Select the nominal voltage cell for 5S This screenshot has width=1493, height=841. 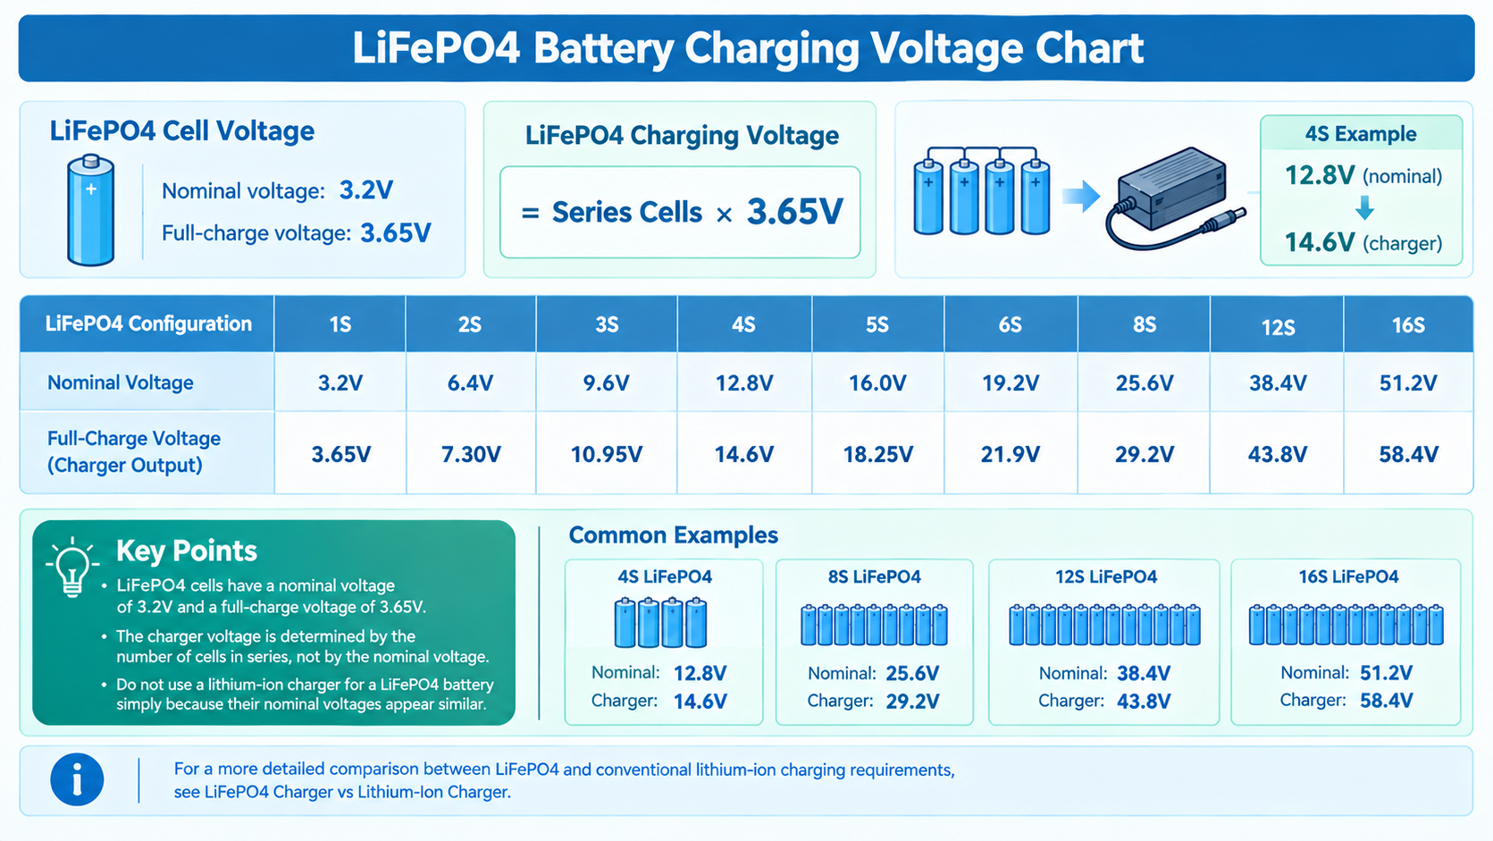pyautogui.click(x=877, y=383)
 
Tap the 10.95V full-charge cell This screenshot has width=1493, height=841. pyautogui.click(x=606, y=454)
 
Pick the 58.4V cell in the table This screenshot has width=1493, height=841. pyautogui.click(x=1408, y=454)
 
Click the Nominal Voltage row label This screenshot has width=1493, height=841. pyautogui.click(x=120, y=383)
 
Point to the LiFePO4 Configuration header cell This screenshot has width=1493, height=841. pyautogui.click(x=147, y=324)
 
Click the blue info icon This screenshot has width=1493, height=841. pyautogui.click(x=77, y=779)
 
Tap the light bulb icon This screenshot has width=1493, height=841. pyautogui.click(x=72, y=568)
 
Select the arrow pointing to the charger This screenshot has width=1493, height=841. pyautogui.click(x=1081, y=196)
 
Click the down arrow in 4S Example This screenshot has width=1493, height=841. pyautogui.click(x=1364, y=208)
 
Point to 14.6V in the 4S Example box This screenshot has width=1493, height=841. pyautogui.click(x=1319, y=242)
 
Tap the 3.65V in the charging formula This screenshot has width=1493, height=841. pyautogui.click(x=795, y=212)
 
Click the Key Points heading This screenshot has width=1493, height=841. pyautogui.click(x=187, y=551)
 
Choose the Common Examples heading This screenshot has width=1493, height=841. pyautogui.click(x=673, y=534)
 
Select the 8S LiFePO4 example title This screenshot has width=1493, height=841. pyautogui.click(x=875, y=576)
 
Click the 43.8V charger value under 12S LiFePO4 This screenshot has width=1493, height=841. pyautogui.click(x=1144, y=701)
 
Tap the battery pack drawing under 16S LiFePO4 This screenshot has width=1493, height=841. pyautogui.click(x=1346, y=624)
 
